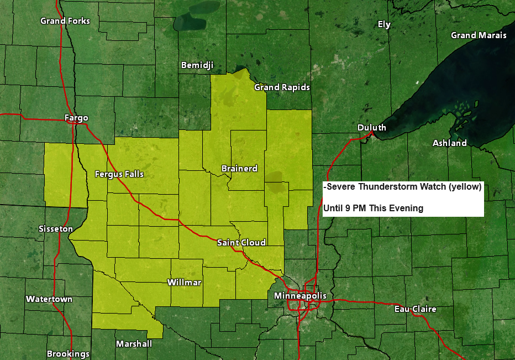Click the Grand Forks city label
[65, 21]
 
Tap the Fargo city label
[76, 118]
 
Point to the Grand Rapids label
[282, 87]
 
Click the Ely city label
[383, 24]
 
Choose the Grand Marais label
[479, 35]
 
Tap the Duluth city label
[372, 128]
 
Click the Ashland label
[449, 143]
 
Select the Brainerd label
[239, 168]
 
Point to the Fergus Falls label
[119, 174]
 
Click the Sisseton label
[56, 229]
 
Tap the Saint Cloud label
[241, 243]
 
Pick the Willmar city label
[185, 283]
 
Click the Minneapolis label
[300, 296]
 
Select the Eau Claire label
[415, 309]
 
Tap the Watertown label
[49, 299]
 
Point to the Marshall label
[134, 344]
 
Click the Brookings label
[68, 354]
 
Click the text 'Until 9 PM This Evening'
[374, 208]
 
